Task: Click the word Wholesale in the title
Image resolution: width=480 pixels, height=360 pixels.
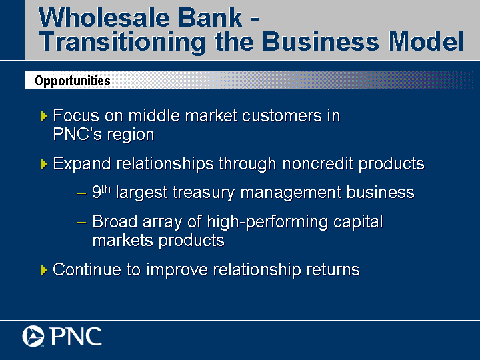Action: (x=104, y=17)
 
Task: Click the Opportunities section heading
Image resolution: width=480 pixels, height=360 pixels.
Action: (x=73, y=81)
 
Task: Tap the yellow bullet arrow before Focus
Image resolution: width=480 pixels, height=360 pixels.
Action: (x=44, y=116)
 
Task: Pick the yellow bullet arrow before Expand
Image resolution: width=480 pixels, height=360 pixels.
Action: (x=44, y=164)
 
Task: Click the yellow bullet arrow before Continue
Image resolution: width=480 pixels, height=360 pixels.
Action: (x=44, y=270)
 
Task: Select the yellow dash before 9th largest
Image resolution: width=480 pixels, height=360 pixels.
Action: (x=81, y=193)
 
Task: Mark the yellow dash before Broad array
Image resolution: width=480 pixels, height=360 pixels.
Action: (x=81, y=223)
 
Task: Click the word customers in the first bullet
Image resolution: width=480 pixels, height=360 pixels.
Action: (x=282, y=116)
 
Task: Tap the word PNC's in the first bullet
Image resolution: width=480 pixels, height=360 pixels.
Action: (x=77, y=134)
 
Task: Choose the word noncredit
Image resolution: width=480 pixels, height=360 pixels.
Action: (x=318, y=163)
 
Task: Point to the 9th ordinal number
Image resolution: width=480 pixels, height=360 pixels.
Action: (x=101, y=191)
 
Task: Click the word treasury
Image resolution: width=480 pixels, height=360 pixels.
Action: (x=203, y=193)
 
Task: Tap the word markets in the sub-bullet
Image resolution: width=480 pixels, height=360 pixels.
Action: (x=123, y=240)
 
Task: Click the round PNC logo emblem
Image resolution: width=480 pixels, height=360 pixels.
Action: (x=33, y=336)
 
